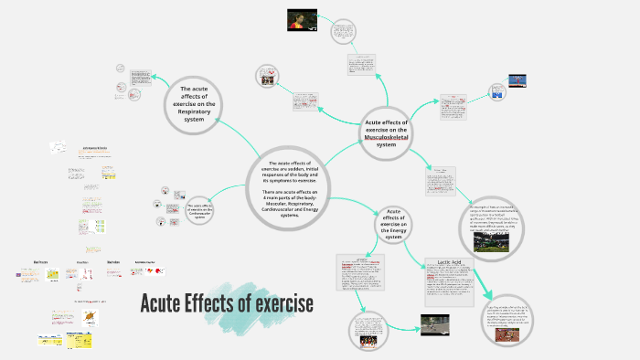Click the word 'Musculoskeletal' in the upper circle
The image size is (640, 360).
(387, 136)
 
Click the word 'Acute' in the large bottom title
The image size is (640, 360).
(168, 303)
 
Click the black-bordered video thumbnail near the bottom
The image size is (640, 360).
(434, 323)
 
